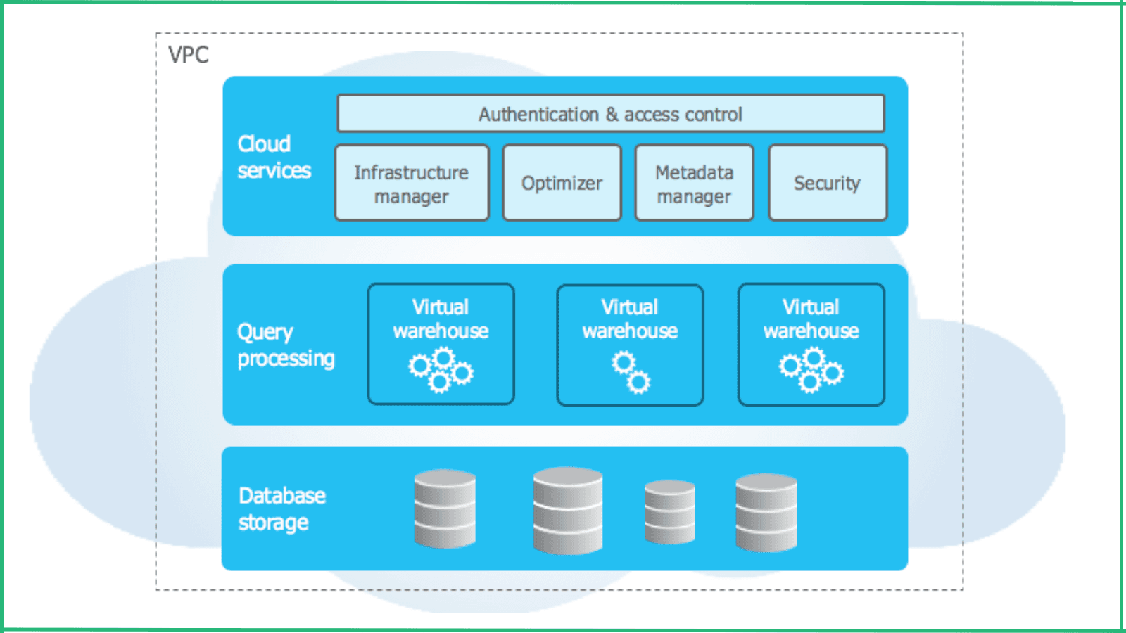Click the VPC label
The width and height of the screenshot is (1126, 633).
tap(189, 55)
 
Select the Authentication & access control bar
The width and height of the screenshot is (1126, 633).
tap(610, 113)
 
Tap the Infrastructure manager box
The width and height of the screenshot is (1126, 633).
tap(412, 183)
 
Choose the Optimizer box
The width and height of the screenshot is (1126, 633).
tap(562, 183)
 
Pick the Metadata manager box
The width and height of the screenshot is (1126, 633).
tap(694, 183)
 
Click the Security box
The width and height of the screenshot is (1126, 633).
tap(828, 183)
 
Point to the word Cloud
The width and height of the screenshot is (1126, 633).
tap(264, 143)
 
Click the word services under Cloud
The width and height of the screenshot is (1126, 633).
tap(274, 171)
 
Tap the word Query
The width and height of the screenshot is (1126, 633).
tap(265, 332)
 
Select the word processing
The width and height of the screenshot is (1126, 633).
tap(286, 359)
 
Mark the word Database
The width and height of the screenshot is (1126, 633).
tap(281, 496)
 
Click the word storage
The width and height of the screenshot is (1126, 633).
tap(273, 523)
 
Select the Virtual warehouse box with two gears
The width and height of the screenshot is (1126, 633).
tap(630, 345)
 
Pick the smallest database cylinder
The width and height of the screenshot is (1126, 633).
tap(669, 511)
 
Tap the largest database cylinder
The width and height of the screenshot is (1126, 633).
tap(567, 510)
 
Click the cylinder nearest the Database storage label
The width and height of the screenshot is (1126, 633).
tap(445, 509)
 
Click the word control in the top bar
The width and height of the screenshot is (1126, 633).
tap(713, 114)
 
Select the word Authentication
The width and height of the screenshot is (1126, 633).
tap(538, 114)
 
